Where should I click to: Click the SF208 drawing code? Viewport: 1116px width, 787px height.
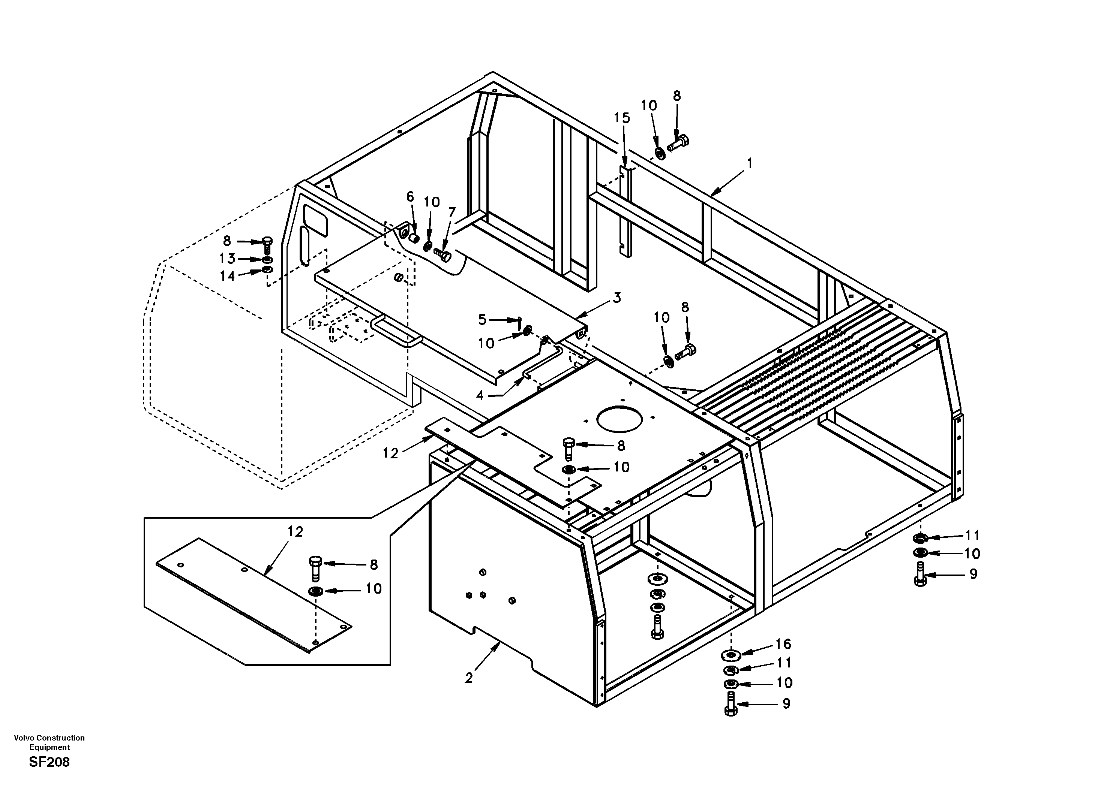pos(49,762)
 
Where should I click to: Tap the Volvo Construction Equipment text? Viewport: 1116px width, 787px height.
pos(49,742)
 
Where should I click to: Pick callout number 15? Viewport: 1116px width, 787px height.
pos(622,118)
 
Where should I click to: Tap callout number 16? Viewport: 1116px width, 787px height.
pos(783,644)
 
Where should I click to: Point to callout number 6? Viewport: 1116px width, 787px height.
pos(410,197)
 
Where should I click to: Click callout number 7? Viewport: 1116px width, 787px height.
pos(452,212)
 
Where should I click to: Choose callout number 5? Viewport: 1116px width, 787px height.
pos(482,319)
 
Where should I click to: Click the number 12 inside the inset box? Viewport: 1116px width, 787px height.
pos(295,531)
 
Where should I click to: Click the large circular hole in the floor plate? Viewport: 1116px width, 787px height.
pos(619,420)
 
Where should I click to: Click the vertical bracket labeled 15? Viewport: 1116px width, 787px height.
pos(627,214)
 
